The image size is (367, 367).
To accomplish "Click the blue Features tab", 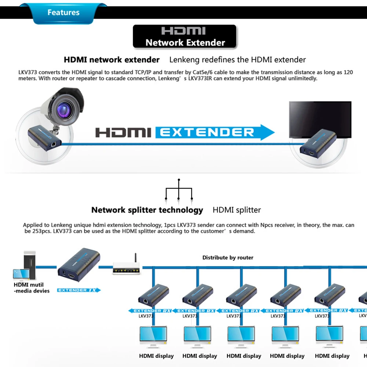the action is (63, 12).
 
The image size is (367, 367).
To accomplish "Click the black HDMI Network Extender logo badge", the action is (185, 37).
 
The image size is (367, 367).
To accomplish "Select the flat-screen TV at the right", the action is (320, 119).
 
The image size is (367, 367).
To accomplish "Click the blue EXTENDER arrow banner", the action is (215, 132).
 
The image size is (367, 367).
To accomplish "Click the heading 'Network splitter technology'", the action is (147, 210).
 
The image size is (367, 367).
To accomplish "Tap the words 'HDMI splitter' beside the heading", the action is (237, 210).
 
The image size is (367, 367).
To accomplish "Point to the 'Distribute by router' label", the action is (228, 258).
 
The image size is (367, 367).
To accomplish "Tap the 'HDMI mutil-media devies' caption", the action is (31, 288).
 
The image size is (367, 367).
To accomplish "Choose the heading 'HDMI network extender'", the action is (112, 60).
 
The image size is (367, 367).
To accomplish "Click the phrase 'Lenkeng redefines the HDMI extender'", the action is (237, 60).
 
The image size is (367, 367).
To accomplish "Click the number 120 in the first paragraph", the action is (348, 72).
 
